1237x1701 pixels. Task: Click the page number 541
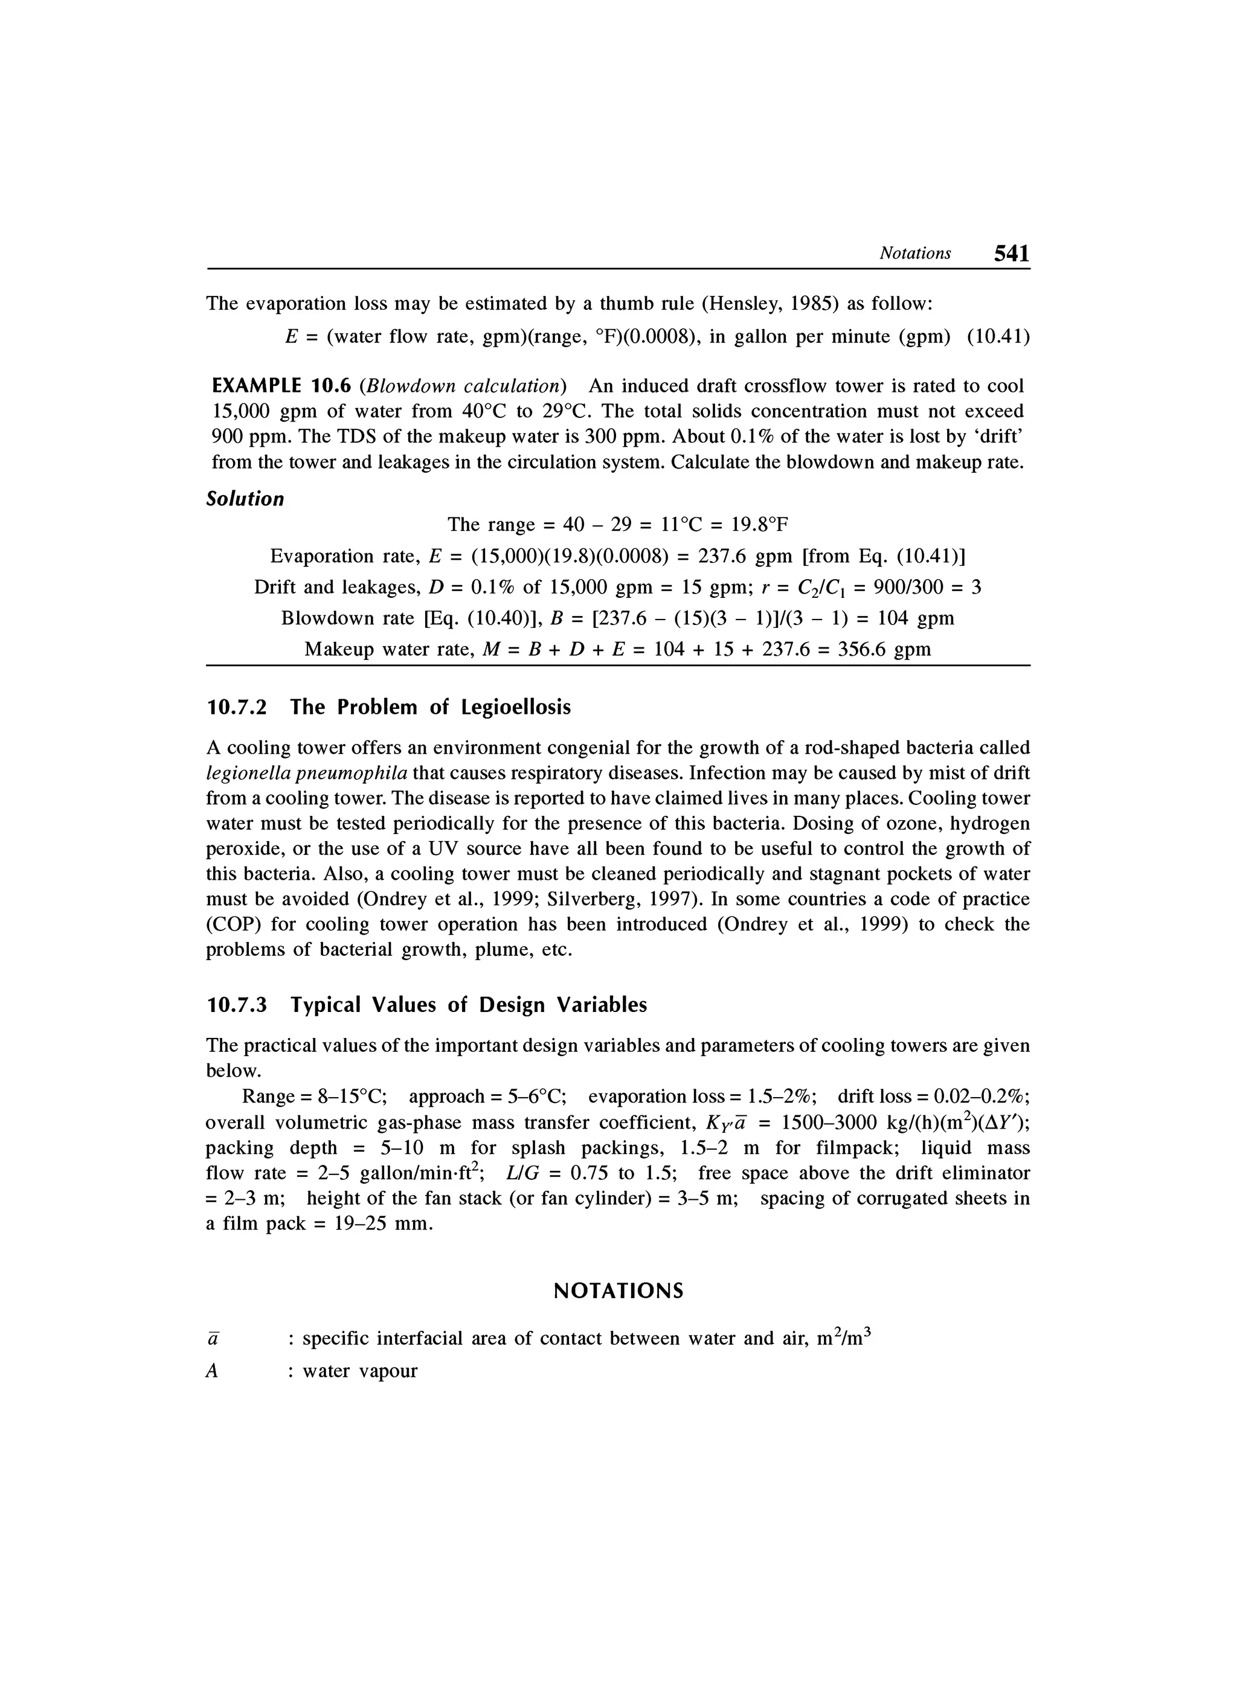point(1011,254)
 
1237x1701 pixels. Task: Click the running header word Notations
point(914,254)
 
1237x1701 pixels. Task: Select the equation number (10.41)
point(998,337)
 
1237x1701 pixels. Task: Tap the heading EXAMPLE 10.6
point(281,386)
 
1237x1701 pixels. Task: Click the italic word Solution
point(245,499)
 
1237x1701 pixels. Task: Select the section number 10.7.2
point(236,707)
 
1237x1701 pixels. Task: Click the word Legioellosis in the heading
point(515,707)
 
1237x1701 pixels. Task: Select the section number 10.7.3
point(236,1005)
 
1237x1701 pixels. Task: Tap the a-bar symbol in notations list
point(212,1339)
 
